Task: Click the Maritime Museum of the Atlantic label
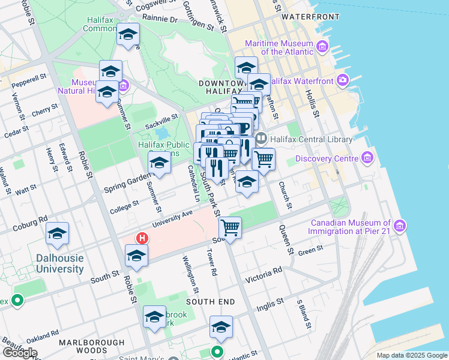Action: (279, 47)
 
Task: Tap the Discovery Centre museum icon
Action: (367, 158)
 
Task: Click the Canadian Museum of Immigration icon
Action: (400, 226)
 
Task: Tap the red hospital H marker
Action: (142, 238)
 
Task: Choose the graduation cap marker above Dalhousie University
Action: (58, 233)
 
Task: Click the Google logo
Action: (19, 353)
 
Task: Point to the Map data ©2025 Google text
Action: (412, 355)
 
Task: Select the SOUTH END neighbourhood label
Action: (206, 301)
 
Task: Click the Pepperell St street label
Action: (29, 79)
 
